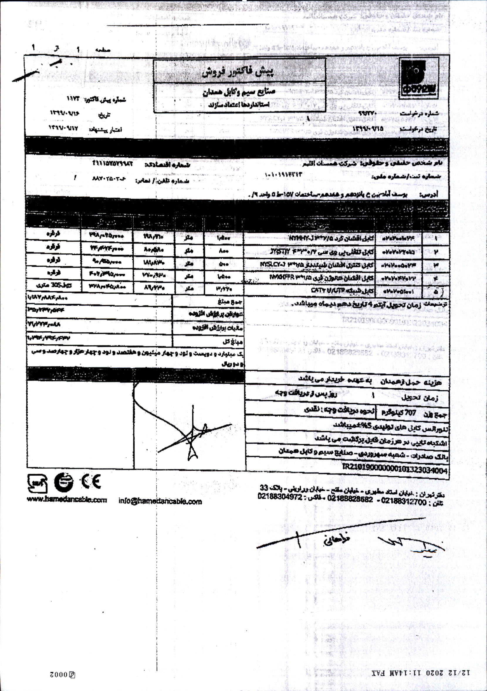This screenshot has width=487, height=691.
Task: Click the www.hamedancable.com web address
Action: [x=67, y=500]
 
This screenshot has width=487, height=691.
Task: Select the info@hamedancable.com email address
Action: [x=160, y=501]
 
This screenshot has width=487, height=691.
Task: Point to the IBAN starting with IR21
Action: [x=395, y=471]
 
